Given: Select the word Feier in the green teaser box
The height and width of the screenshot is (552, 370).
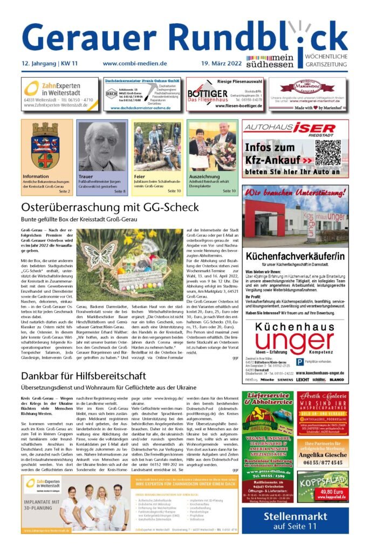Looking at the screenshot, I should pyautogui.click(x=139, y=176).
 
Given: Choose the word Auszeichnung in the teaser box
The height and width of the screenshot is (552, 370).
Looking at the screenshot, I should pyautogui.click(x=204, y=176).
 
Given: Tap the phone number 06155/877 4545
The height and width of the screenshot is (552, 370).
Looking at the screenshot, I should pyautogui.click(x=323, y=462).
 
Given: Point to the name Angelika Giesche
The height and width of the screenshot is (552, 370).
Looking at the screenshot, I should pyautogui.click(x=323, y=454).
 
